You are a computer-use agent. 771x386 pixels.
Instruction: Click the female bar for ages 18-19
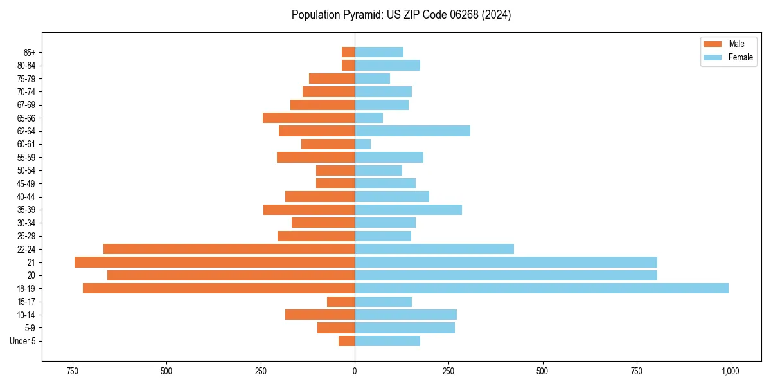pos(541,288)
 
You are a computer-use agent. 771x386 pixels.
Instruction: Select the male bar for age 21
pos(215,262)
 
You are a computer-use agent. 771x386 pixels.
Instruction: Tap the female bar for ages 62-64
pos(412,131)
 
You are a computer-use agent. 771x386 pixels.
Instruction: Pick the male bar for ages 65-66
pos(308,118)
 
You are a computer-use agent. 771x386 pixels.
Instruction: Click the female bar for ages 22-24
pos(434,249)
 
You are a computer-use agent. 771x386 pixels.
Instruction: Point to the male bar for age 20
pos(231,275)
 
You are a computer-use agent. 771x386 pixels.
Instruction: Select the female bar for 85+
pos(379,52)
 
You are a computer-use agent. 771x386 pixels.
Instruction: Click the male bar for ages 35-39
pos(309,210)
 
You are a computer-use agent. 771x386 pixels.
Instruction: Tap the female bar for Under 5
pos(387,341)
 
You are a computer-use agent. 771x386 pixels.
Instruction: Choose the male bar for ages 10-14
pos(320,315)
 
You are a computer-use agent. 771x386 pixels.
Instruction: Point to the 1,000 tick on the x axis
pos(730,371)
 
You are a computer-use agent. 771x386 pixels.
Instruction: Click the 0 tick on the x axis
pos(355,371)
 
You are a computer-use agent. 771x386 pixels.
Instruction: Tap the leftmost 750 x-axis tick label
pos(72,371)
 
